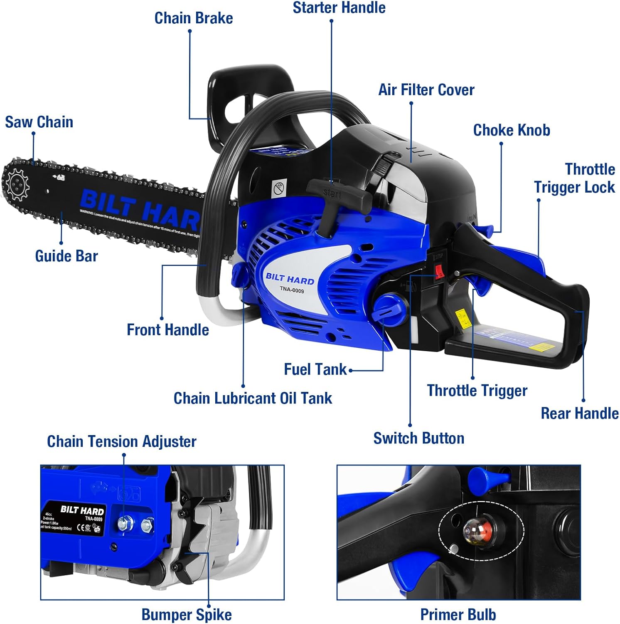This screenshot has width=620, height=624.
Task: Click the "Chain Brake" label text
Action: click(x=194, y=18)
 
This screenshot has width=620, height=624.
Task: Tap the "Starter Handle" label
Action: click(x=339, y=7)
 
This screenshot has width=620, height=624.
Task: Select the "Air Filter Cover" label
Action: click(x=426, y=90)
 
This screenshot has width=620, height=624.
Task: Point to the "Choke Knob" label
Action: click(x=512, y=130)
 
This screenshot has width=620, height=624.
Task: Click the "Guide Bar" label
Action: click(x=66, y=256)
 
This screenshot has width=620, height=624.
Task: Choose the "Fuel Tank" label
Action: click(x=315, y=369)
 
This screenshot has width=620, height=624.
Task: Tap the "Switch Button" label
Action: click(x=418, y=438)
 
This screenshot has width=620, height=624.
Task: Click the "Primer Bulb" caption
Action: click(x=458, y=614)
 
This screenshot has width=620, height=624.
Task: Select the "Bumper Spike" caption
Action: click(x=187, y=614)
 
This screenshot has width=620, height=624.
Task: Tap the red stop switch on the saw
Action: click(x=439, y=272)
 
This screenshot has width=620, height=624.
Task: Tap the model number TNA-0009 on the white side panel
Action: click(x=292, y=290)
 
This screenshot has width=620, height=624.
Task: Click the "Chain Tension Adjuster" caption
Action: click(x=121, y=441)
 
